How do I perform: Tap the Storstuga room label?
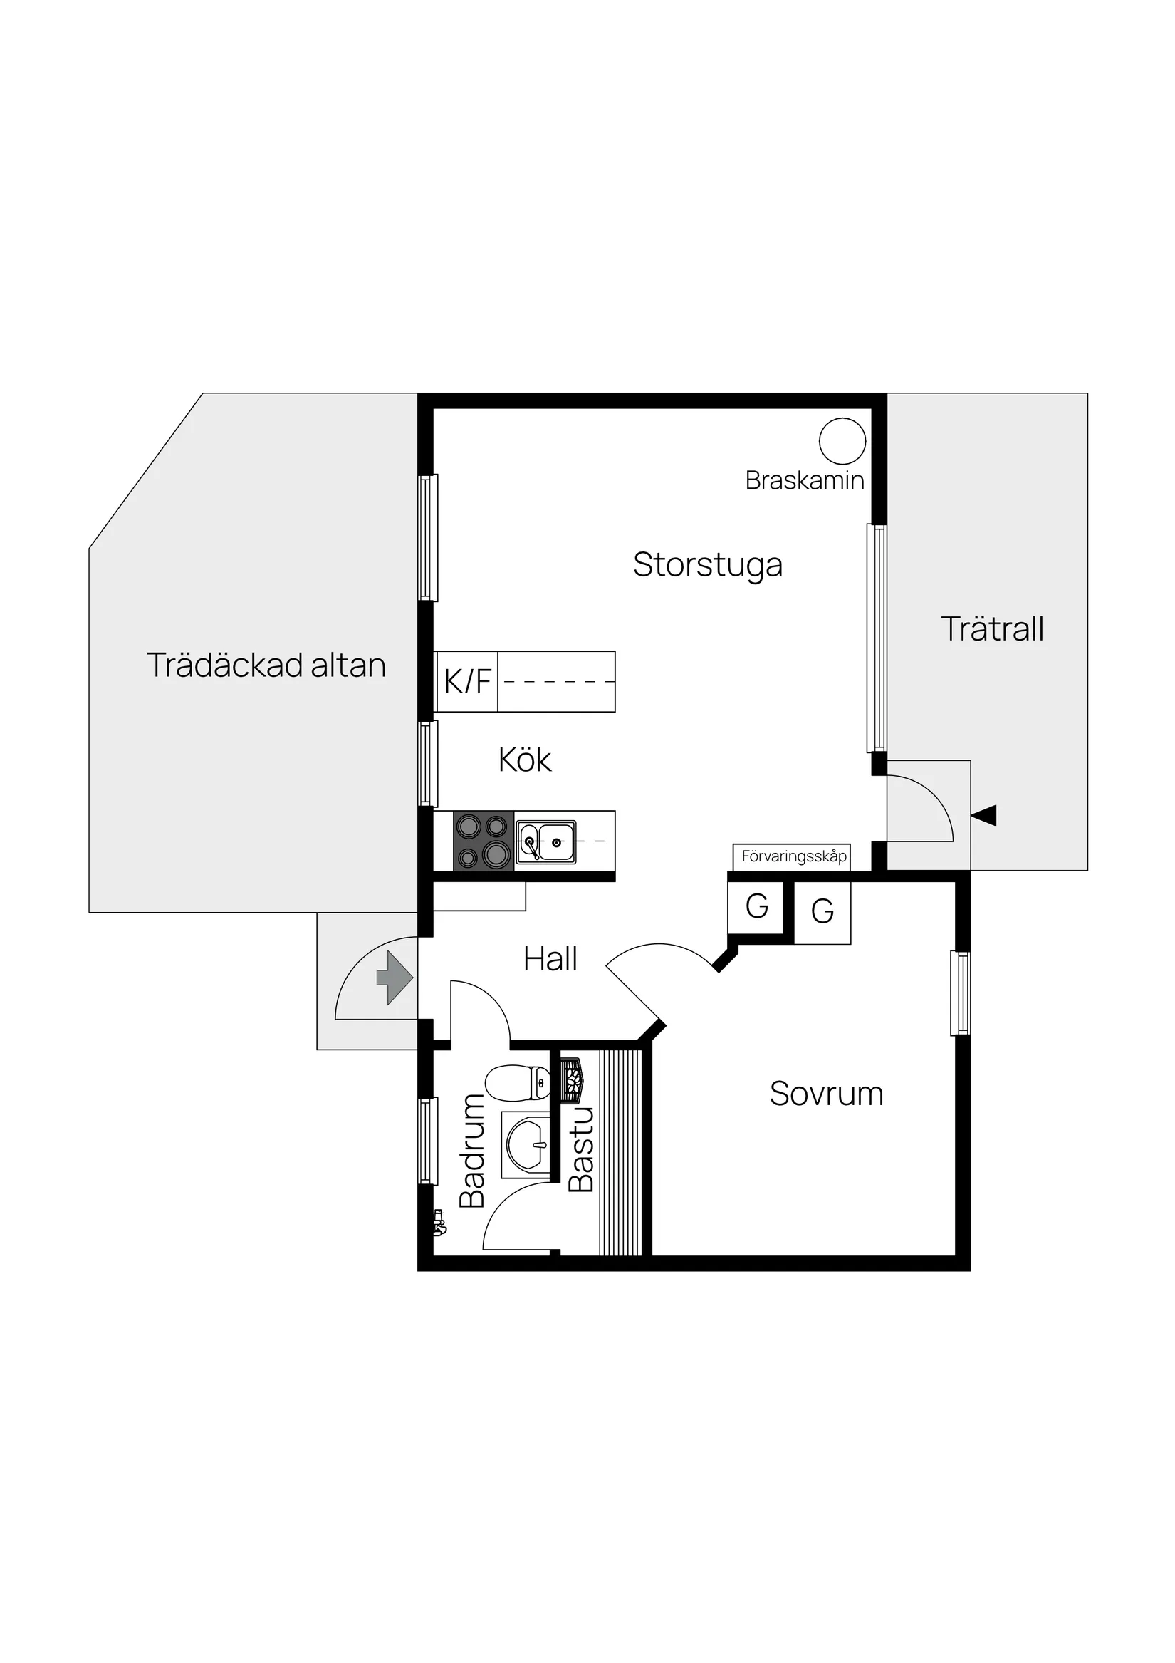point(707,566)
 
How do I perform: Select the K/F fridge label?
point(468,682)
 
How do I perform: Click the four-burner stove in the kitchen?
point(484,840)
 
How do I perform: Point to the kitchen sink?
point(546,842)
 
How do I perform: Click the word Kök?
point(525,760)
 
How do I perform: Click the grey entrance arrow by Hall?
point(395,978)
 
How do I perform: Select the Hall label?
point(550,959)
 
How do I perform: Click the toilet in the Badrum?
point(518,1083)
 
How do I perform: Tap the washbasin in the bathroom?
point(526,1144)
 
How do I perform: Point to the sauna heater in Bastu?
point(572,1082)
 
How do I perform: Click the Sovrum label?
point(826,1094)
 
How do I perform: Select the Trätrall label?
point(992,628)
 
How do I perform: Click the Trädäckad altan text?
point(266,665)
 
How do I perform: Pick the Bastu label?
point(580,1149)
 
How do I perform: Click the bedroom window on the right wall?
point(960,993)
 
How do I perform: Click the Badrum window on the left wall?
point(428,1141)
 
